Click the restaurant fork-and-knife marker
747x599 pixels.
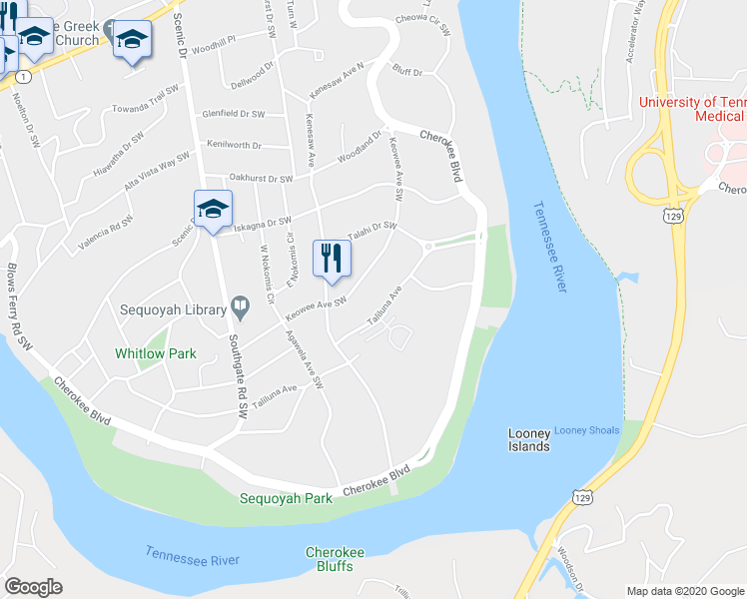click(332, 258)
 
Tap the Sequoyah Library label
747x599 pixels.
click(171, 310)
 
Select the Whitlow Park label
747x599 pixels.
click(155, 353)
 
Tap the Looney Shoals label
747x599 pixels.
click(587, 430)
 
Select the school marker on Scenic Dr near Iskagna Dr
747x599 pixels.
click(213, 210)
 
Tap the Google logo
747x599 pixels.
click(33, 586)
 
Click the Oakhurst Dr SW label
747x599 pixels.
click(260, 179)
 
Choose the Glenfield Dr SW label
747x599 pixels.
click(233, 115)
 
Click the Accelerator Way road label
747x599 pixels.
click(637, 40)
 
